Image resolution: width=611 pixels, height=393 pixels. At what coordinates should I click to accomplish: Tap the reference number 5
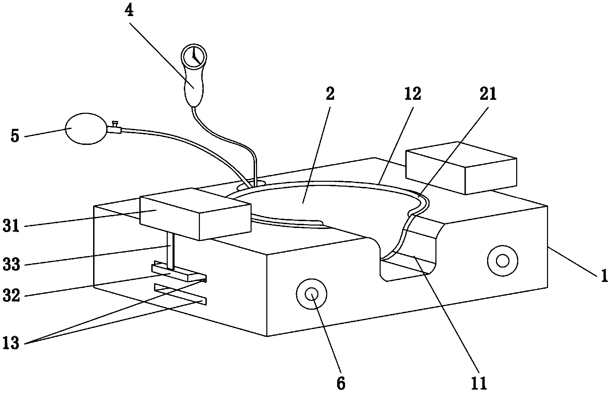tap(15, 136)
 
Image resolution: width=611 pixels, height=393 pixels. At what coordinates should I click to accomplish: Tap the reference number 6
tap(341, 383)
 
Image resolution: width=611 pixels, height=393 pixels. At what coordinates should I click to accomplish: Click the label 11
tap(479, 383)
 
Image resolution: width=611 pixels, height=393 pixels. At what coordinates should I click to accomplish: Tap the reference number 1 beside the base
tap(604, 275)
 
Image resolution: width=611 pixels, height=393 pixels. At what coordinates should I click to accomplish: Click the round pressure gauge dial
tap(193, 56)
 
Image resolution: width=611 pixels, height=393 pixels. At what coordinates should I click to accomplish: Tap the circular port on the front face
tap(311, 294)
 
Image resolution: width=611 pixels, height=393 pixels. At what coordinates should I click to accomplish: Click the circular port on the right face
tap(502, 261)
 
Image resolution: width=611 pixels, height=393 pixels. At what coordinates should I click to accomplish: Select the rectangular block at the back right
tap(461, 168)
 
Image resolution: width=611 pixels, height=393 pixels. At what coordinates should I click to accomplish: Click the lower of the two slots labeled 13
tap(180, 294)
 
